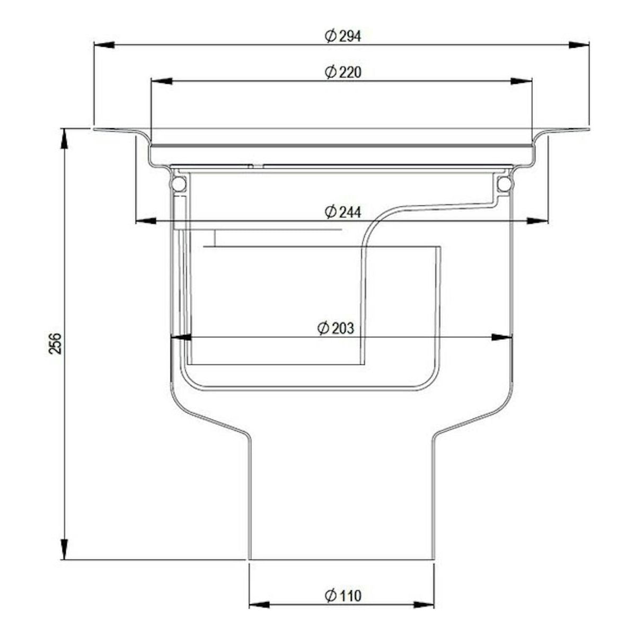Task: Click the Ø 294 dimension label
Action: point(343,36)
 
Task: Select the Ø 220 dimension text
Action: point(343,72)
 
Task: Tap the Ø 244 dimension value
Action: point(343,211)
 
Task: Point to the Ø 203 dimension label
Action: point(335,328)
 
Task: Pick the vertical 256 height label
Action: point(56,343)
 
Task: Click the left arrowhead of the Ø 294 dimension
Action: point(104,45)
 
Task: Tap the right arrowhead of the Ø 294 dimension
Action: point(579,45)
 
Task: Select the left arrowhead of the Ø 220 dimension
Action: point(162,81)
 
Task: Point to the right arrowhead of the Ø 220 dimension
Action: point(521,81)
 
